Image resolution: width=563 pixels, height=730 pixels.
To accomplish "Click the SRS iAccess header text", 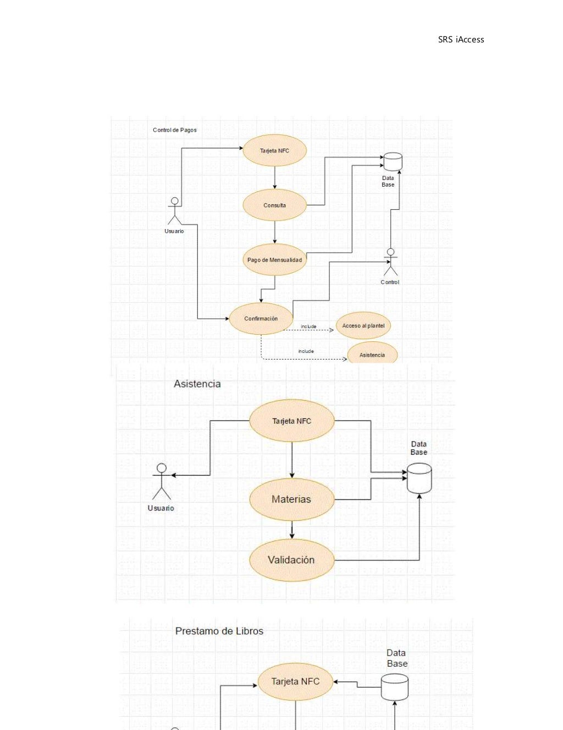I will point(461,40).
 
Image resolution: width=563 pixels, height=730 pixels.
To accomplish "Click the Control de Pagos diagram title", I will point(174,130).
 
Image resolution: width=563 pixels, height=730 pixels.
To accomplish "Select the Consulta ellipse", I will point(274,205).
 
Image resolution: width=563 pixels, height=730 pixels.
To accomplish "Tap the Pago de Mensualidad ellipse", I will point(274,260).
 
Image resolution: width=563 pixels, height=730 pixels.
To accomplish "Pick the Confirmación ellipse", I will point(261,319).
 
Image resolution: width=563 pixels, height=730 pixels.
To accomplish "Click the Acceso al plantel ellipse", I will point(363,326).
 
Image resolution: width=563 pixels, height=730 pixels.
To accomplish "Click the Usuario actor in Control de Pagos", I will point(174,211).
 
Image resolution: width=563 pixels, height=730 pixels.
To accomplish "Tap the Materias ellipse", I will point(291,499).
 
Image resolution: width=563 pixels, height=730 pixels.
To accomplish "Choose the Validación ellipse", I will point(291,560).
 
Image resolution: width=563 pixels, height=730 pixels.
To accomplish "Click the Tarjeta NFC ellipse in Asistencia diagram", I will point(291,421).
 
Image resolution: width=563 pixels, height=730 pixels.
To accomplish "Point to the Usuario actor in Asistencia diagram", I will point(161,482).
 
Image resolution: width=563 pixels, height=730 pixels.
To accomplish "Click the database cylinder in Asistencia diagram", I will point(419,478).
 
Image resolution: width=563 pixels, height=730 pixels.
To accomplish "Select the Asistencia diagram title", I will point(197,384).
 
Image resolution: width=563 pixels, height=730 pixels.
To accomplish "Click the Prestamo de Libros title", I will point(219,631).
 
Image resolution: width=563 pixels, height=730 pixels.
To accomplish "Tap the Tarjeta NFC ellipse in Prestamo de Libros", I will point(295,682).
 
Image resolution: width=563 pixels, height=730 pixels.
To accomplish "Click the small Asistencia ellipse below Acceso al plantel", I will point(372,354).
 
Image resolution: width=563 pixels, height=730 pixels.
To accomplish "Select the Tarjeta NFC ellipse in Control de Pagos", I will point(274,151).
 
